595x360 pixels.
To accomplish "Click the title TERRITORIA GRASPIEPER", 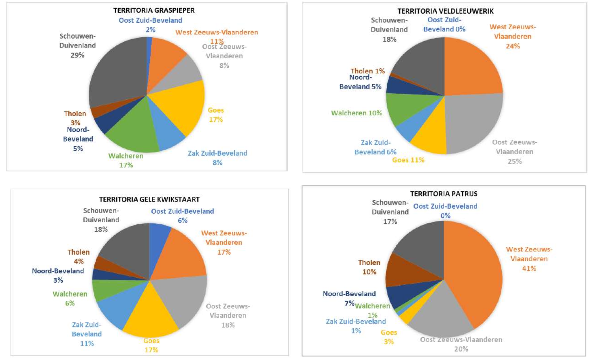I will click(x=154, y=10).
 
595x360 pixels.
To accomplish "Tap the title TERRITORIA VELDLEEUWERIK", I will click(x=445, y=11).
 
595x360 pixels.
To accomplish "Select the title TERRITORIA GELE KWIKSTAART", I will click(x=149, y=199).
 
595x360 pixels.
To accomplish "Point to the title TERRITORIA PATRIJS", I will click(x=444, y=194).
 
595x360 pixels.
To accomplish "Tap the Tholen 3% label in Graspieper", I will click(x=75, y=118).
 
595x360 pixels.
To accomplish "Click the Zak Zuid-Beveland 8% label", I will click(x=217, y=158).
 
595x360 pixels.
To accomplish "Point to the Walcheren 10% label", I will click(x=356, y=113).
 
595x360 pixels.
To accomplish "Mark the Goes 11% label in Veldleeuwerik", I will click(x=408, y=160).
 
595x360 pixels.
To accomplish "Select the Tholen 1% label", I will click(x=368, y=71).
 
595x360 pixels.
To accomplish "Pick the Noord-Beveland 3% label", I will click(x=58, y=276).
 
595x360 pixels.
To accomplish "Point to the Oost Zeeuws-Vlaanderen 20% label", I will click(x=461, y=344).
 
